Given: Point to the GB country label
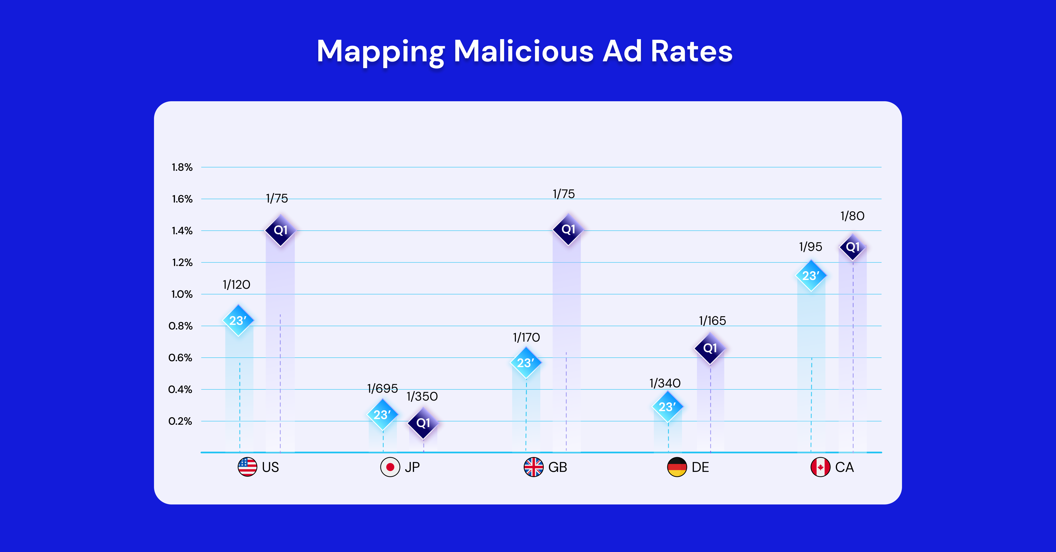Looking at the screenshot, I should [557, 467].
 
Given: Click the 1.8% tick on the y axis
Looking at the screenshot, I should [182, 167].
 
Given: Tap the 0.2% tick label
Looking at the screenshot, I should [180, 421].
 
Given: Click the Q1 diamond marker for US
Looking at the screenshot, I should [280, 230].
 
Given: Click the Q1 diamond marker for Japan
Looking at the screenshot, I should [423, 423].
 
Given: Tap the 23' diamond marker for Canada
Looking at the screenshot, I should [811, 276].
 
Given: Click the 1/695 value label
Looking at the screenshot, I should [382, 388].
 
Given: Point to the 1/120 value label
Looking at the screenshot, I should [236, 285].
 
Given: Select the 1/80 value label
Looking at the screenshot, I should [852, 216].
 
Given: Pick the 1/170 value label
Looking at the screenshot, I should [526, 337].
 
